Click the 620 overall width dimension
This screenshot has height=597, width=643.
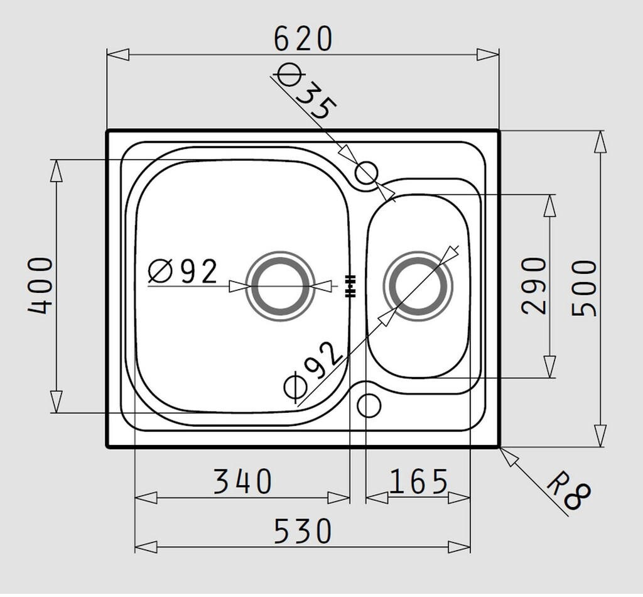pyautogui.click(x=303, y=39)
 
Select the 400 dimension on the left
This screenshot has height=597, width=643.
pyautogui.click(x=40, y=285)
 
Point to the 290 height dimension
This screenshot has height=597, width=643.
pyautogui.click(x=534, y=285)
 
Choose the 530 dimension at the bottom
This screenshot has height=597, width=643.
pyautogui.click(x=303, y=531)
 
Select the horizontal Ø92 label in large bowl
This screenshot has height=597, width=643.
pyautogui.click(x=183, y=271)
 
